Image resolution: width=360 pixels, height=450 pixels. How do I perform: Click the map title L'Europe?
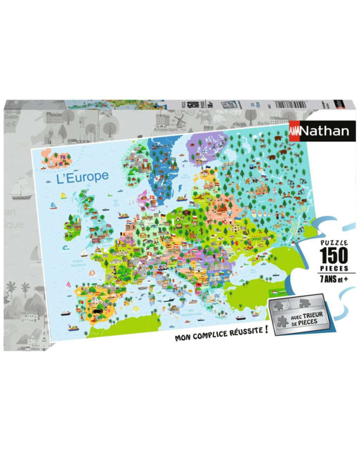[x=82, y=176]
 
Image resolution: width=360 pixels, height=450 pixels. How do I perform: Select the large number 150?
[x=318, y=255]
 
